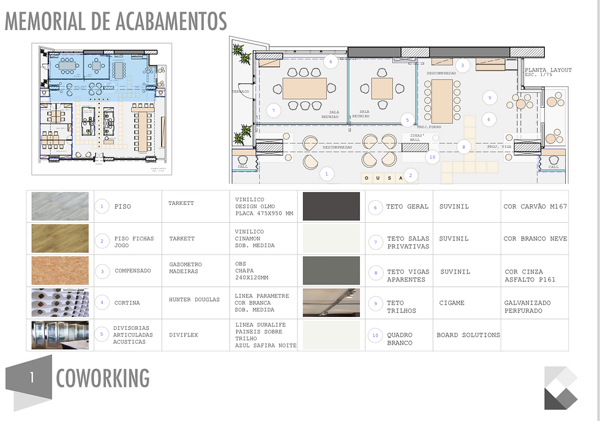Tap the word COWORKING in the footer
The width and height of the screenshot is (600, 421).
point(102,378)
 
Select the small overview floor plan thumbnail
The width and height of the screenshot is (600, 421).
point(102,108)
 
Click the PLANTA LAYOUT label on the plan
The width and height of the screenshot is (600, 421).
point(548,70)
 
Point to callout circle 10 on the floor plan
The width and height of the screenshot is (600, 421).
point(432,157)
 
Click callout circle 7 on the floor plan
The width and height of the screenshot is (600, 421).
point(274,111)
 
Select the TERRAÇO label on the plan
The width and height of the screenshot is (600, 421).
point(240,92)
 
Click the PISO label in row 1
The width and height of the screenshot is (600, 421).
point(122,207)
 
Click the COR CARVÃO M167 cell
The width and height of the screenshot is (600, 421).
point(535,207)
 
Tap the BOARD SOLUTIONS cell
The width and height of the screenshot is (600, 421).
point(468,335)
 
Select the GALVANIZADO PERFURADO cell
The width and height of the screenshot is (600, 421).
point(527,307)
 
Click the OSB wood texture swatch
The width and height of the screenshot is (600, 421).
point(60,270)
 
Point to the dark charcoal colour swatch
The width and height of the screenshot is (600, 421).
point(331,206)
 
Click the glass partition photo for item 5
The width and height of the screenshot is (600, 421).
point(60,335)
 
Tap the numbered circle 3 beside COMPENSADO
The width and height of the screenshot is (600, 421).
point(102,270)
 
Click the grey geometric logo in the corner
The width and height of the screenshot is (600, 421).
point(561,387)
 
